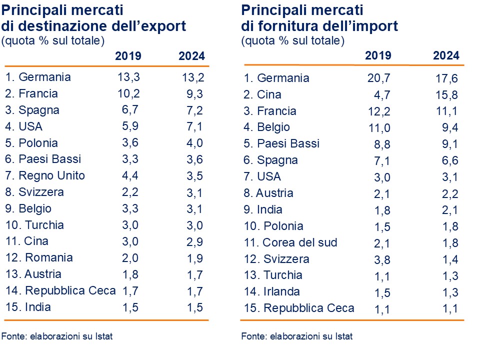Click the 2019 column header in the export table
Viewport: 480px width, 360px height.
pyautogui.click(x=128, y=56)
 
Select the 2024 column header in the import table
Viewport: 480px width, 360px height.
pyautogui.click(x=446, y=55)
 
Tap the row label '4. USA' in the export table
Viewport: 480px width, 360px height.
pyautogui.click(x=24, y=126)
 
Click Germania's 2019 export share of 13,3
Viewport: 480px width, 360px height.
pyautogui.click(x=128, y=77)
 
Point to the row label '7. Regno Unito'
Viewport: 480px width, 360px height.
pyautogui.click(x=45, y=175)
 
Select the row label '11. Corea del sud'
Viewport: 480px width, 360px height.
pyautogui.click(x=290, y=242)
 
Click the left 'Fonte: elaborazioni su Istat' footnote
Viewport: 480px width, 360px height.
pyautogui.click(x=57, y=336)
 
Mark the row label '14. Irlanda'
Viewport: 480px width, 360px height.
pyautogui.click(x=272, y=291)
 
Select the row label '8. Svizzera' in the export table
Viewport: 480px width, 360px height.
pyautogui.click(x=35, y=192)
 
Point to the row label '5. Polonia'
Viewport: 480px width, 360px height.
pyautogui.click(x=32, y=143)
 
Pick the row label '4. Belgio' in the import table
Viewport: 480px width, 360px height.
pyautogui.click(x=267, y=127)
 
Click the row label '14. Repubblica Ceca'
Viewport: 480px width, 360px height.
pyautogui.click(x=60, y=290)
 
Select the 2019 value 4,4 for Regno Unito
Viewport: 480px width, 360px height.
pyautogui.click(x=130, y=175)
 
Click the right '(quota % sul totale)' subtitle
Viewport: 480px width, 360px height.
pyautogui.click(x=292, y=41)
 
